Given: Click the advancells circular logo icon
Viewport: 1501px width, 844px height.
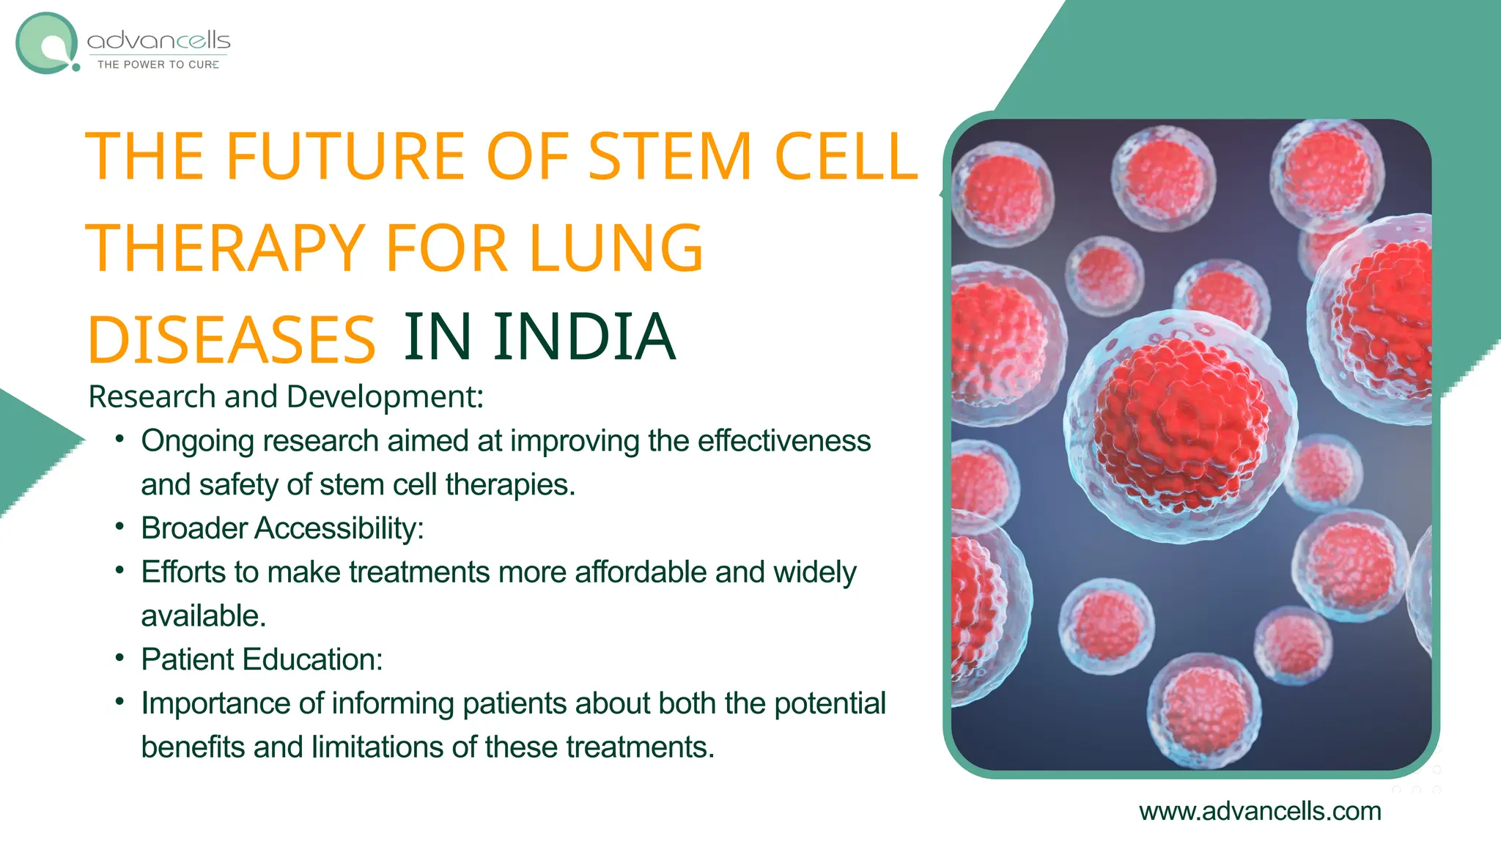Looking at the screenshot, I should point(47,43).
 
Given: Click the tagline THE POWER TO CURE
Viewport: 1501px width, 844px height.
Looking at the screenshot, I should point(158,64).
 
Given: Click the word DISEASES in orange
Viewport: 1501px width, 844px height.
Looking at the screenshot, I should point(232,340).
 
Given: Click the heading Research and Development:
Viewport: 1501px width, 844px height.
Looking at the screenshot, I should point(286,397).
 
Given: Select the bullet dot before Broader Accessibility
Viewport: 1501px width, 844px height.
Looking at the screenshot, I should point(119,527).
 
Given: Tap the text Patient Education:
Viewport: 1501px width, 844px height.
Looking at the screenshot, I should point(262,659).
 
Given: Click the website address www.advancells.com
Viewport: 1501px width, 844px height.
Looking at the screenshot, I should point(1260,811).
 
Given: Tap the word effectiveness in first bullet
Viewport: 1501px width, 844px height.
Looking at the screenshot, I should point(783,441).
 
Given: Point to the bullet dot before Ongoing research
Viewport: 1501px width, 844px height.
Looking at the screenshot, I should point(119,440).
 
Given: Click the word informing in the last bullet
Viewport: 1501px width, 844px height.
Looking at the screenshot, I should point(393,703).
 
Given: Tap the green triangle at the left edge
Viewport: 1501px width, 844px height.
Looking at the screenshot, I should point(29,447).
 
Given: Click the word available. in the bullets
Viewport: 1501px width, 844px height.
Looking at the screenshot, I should point(203,616).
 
